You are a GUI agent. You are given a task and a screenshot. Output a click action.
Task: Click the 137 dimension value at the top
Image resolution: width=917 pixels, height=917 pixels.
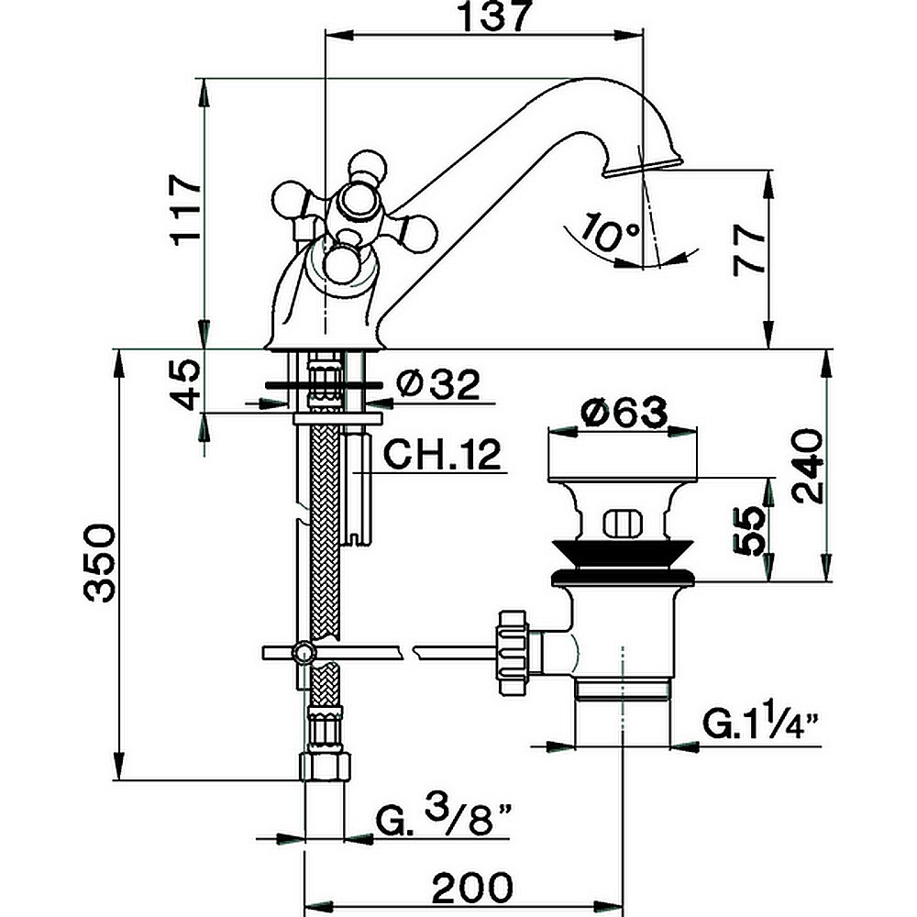[x=486, y=18]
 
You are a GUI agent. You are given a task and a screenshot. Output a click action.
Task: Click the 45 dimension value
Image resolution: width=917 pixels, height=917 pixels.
[x=185, y=384]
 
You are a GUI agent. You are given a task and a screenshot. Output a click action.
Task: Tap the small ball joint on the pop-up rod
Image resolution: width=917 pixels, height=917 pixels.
[x=302, y=652]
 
